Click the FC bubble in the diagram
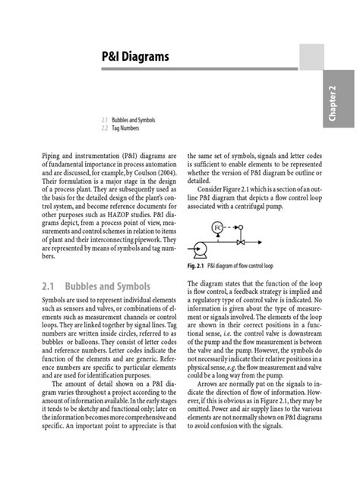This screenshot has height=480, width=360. pyautogui.click(x=217, y=226)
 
